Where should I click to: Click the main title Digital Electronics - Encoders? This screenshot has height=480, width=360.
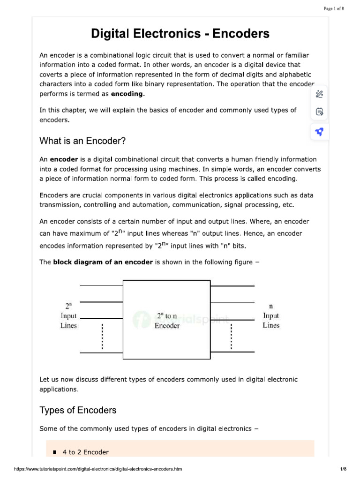tap(180, 34)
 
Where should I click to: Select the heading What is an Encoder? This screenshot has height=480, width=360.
tap(83, 141)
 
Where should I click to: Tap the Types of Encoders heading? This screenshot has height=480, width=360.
tap(78, 410)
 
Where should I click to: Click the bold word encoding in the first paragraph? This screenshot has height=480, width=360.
tap(127, 94)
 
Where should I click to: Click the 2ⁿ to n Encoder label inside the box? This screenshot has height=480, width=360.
tap(167, 321)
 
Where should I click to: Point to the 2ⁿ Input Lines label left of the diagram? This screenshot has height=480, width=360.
tap(68, 316)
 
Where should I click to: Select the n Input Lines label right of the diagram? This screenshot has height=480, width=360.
tap(271, 316)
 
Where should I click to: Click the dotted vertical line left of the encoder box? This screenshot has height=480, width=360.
tap(102, 336)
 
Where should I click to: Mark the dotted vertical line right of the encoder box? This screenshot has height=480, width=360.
tap(231, 336)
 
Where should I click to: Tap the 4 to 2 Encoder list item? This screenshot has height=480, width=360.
tap(86, 452)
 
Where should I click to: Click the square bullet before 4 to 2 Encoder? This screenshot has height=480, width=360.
tap(54, 452)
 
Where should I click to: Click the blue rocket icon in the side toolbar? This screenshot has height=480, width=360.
tap(319, 132)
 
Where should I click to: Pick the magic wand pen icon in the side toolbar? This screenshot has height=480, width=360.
tap(319, 94)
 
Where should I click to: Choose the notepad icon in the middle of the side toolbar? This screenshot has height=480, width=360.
tap(319, 112)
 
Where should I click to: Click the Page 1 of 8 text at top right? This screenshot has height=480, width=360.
tap(334, 8)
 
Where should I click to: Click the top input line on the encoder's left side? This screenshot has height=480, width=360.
tap(101, 285)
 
